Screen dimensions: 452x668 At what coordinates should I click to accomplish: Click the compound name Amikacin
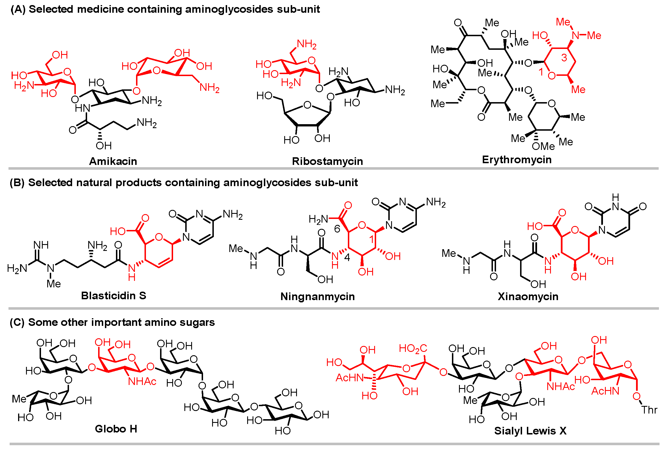113,161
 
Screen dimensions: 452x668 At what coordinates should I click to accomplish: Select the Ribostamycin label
327,161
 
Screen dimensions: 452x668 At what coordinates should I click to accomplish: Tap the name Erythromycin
516,160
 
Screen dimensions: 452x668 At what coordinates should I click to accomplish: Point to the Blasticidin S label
113,296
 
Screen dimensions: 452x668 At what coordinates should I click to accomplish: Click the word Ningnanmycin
317,296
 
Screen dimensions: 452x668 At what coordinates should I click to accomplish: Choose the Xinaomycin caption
528,296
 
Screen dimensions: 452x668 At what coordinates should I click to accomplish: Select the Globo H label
116,429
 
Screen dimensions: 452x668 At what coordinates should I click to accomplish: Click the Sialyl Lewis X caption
530,431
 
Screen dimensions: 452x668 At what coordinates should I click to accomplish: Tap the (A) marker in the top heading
18,9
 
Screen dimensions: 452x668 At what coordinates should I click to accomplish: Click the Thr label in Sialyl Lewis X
649,410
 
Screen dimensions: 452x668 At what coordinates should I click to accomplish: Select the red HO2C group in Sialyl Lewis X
413,348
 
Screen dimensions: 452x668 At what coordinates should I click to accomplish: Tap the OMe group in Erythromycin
543,146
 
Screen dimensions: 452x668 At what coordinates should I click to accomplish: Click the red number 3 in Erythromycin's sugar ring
564,58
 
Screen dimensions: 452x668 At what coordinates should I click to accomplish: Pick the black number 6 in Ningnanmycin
337,229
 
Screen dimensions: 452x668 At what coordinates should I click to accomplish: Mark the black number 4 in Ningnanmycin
347,258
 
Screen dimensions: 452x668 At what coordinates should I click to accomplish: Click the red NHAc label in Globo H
142,382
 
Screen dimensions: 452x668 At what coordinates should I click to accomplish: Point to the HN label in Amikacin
83,108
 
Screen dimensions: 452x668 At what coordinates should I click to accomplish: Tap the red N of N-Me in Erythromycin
576,35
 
